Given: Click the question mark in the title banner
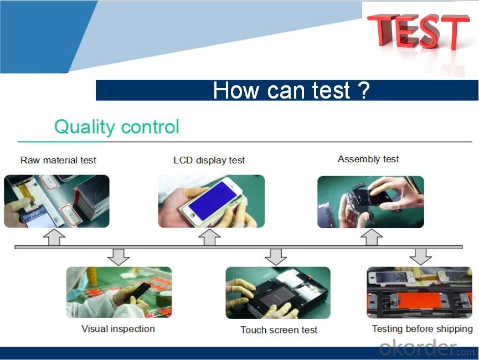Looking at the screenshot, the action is click(x=364, y=90).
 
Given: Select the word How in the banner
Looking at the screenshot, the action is click(x=235, y=90).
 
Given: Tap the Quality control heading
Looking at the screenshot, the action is click(x=117, y=127).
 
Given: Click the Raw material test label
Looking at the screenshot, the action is click(x=58, y=160).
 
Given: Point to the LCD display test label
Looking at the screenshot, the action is click(x=209, y=161).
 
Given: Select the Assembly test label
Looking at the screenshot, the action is click(x=368, y=159).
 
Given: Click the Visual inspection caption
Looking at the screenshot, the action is click(x=118, y=329).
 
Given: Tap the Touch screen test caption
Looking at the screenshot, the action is click(x=279, y=330).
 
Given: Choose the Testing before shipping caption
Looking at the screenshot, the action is click(x=423, y=329).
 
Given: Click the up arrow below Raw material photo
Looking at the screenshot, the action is click(x=54, y=237).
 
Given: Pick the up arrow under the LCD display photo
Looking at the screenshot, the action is click(x=209, y=237).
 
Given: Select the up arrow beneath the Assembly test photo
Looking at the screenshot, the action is click(x=372, y=237).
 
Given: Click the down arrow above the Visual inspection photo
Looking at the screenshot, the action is click(x=119, y=257).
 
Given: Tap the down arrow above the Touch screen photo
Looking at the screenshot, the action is click(x=276, y=257).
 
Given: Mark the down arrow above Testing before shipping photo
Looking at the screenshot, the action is click(x=421, y=256).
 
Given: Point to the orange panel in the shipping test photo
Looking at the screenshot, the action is click(x=420, y=300).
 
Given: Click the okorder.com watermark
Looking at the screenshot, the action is click(x=427, y=348).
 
